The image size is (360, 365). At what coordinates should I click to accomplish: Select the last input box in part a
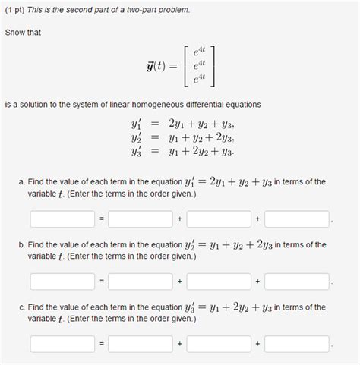(x=297, y=219)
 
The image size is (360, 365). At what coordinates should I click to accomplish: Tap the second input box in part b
(x=141, y=281)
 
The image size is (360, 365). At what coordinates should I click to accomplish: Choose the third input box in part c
(x=219, y=343)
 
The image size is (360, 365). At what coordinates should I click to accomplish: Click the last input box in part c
(x=297, y=343)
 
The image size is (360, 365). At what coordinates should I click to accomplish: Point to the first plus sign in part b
(x=179, y=281)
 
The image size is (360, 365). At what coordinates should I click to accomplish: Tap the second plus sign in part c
(x=258, y=343)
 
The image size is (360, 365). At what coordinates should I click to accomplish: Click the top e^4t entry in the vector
(x=200, y=50)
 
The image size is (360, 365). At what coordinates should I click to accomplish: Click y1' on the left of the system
(x=139, y=122)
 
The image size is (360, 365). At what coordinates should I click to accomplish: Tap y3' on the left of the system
(x=139, y=151)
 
